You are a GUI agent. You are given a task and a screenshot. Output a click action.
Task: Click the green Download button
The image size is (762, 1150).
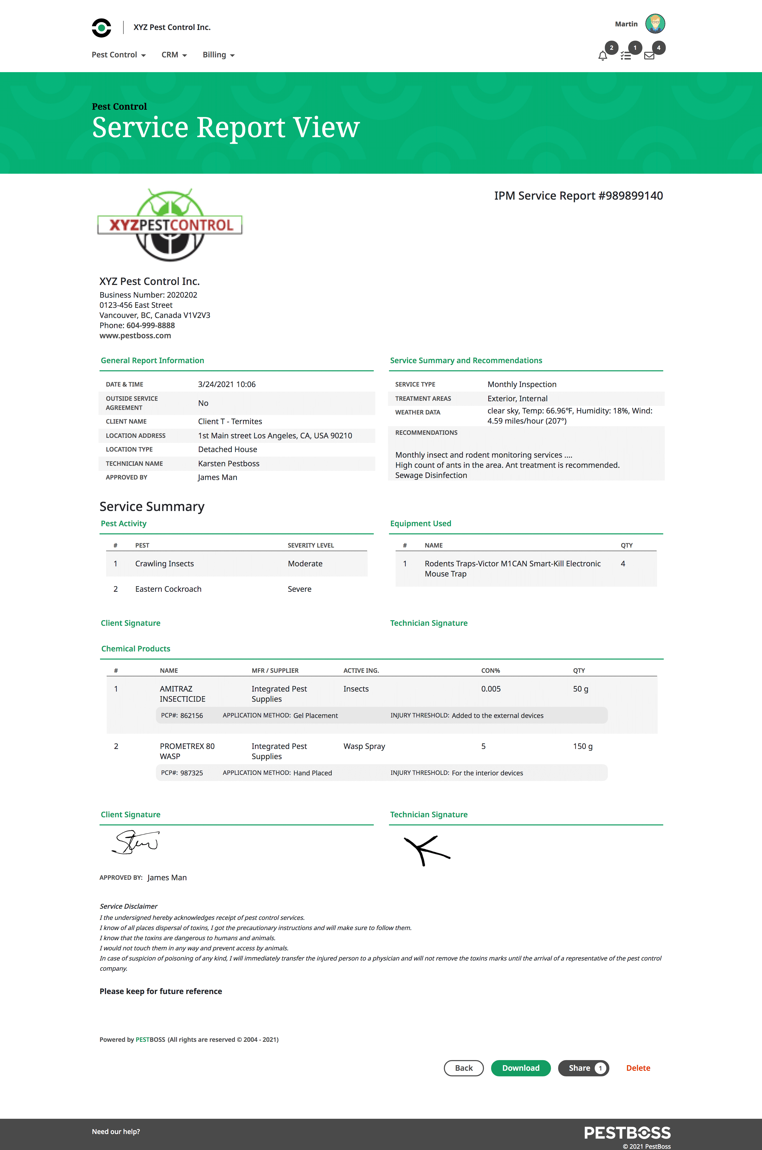click(x=521, y=1068)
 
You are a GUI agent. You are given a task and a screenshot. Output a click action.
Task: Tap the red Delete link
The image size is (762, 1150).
click(x=638, y=1068)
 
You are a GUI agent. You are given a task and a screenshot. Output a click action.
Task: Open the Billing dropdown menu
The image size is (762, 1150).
click(x=218, y=55)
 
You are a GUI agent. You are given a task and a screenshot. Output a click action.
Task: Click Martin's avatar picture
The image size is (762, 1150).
click(x=655, y=23)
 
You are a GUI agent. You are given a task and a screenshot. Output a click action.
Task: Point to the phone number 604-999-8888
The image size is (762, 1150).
click(x=151, y=325)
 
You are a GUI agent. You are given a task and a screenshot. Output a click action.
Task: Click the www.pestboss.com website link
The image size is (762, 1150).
click(x=135, y=336)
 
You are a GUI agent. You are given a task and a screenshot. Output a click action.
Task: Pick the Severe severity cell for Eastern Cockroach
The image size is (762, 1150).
click(x=299, y=589)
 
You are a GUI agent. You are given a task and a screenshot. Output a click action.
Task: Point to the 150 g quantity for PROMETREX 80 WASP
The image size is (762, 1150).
click(x=582, y=746)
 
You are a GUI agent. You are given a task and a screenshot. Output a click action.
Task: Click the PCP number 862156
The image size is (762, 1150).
click(x=191, y=715)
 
